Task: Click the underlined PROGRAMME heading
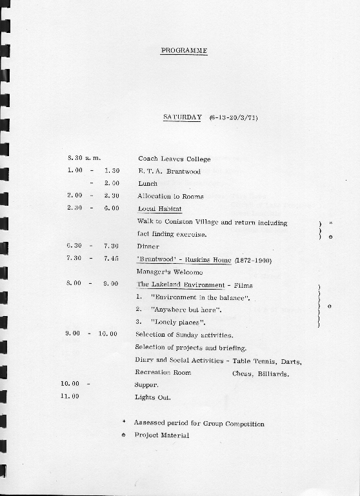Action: coord(184,50)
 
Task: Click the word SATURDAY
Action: coord(183,117)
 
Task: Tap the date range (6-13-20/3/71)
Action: coord(233,117)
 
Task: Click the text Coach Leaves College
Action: coord(174,158)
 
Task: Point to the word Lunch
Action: coord(148,183)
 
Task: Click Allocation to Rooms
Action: coord(170,196)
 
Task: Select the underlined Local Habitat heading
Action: coord(160,208)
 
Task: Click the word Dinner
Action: coord(148,246)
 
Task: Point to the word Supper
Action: coord(146,384)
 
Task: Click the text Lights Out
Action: coord(153,397)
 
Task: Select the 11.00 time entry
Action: coord(70,397)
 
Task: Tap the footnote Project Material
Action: coord(162,435)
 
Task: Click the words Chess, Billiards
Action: coord(261,373)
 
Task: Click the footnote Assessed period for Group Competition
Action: coord(199,423)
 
